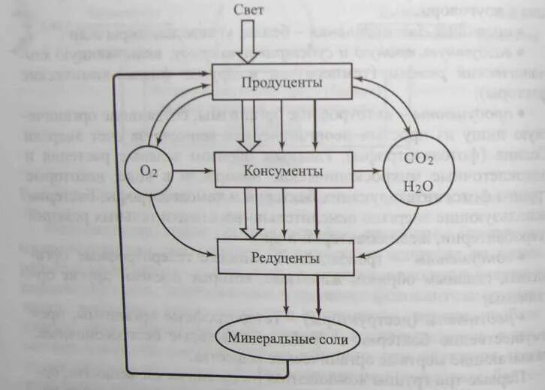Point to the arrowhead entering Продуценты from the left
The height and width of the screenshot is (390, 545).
pyautogui.click(x=206, y=73)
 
